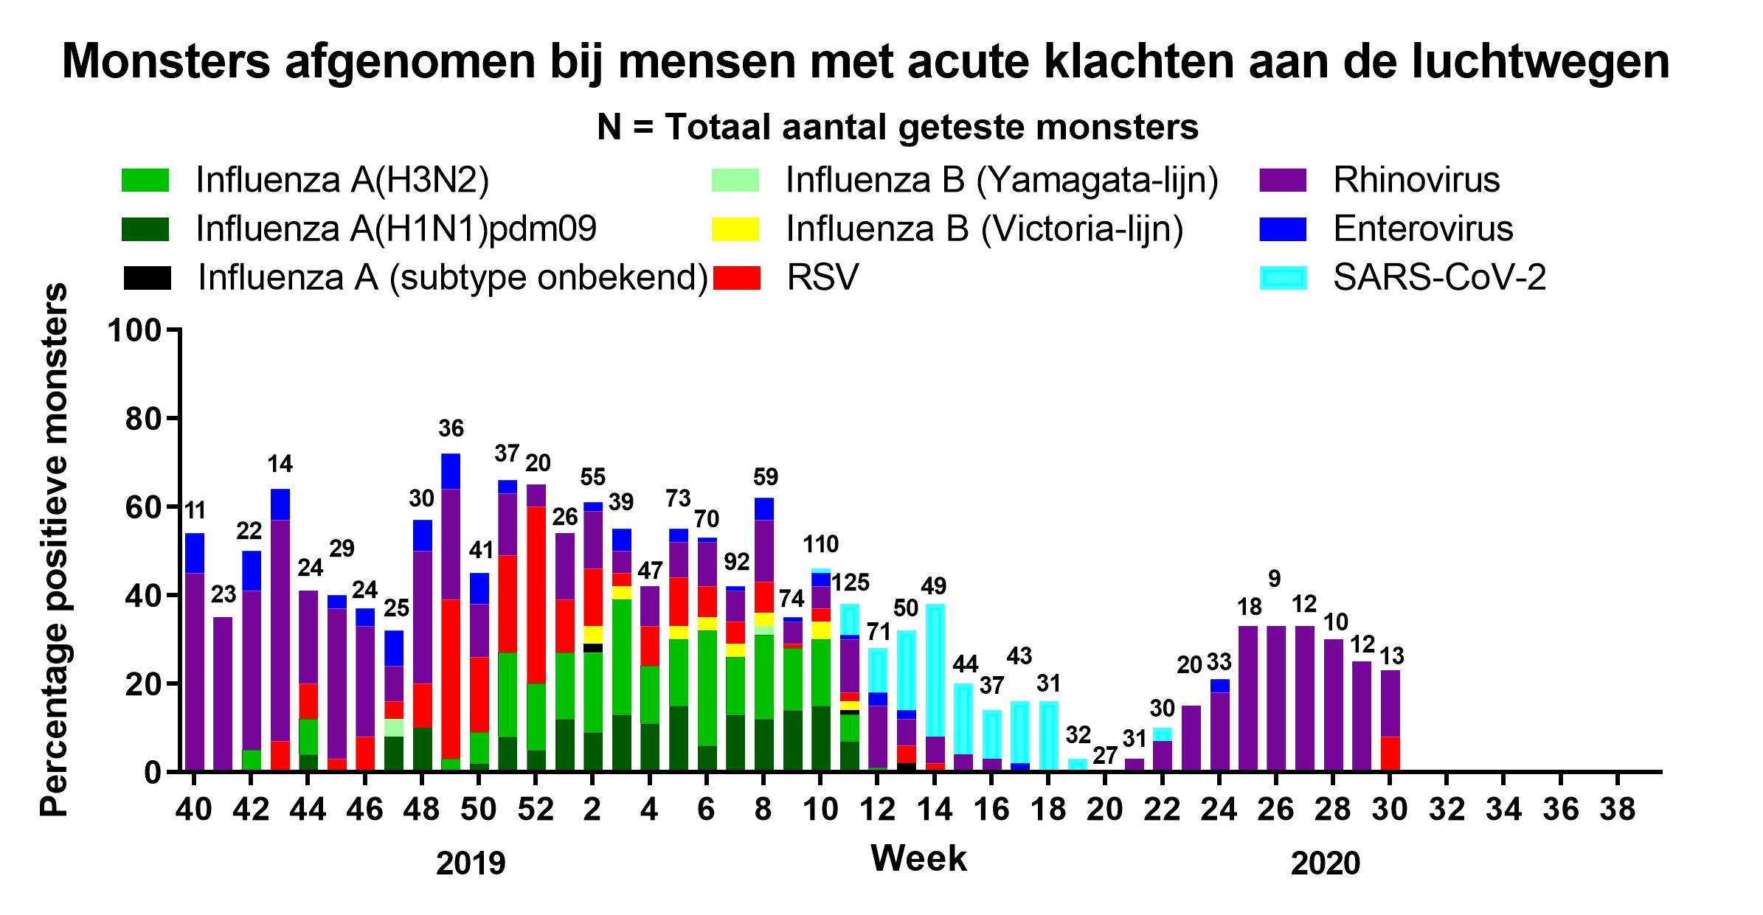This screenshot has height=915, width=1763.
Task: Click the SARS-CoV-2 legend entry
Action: point(1438,278)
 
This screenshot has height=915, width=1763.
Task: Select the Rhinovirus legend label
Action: point(1416,180)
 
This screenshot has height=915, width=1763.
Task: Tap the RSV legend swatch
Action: point(735,278)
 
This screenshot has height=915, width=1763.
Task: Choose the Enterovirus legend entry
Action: point(1422,229)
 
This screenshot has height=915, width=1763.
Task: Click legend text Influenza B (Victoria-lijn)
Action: point(984,229)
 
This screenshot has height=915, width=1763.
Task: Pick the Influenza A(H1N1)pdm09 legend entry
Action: point(395,229)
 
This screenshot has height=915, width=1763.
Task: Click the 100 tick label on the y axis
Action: point(134,330)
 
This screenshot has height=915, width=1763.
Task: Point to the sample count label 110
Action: point(820,545)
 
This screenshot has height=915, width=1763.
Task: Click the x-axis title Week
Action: point(918,859)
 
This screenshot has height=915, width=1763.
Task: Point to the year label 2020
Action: point(1325,863)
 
